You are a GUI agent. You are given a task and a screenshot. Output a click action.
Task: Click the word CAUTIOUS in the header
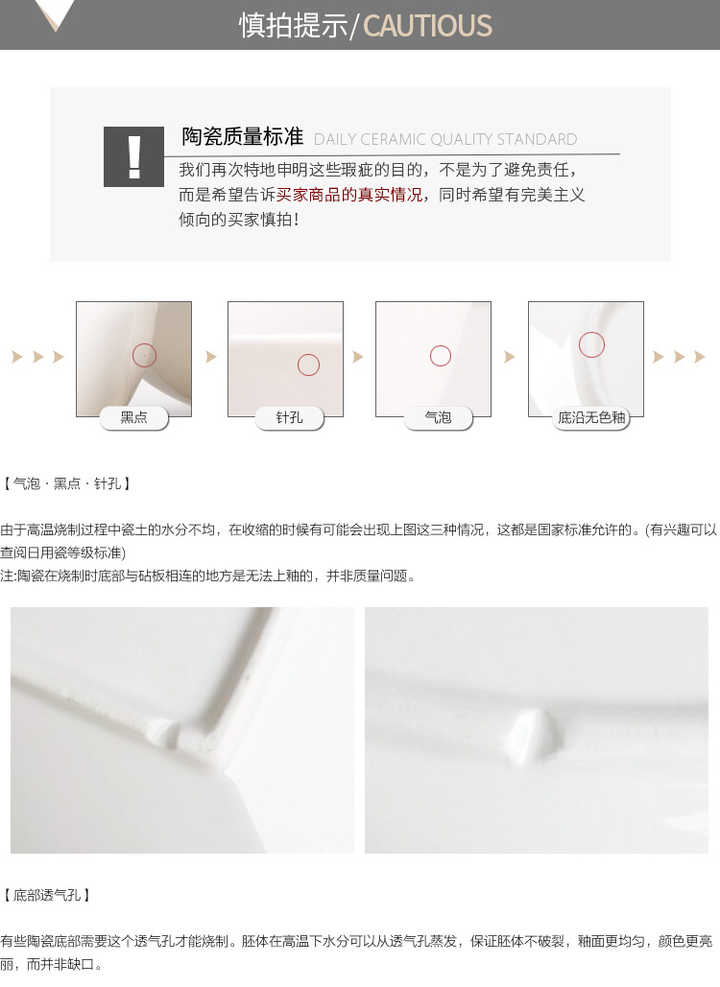point(427,26)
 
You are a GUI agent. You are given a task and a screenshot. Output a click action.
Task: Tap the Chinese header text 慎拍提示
point(293,26)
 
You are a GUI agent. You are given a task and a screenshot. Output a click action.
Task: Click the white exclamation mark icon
point(133,156)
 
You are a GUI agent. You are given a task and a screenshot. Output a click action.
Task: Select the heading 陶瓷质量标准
point(243,136)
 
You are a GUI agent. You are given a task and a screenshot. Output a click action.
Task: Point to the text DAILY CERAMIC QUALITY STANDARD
point(445,139)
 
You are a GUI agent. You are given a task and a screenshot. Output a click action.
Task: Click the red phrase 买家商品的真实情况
point(349,195)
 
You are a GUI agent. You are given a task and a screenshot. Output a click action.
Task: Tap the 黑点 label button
point(134,418)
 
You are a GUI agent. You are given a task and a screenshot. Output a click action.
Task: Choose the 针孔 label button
point(289,418)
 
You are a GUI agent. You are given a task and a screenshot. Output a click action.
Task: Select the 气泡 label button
point(438,418)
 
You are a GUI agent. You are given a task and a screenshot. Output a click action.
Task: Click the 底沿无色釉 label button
point(590,418)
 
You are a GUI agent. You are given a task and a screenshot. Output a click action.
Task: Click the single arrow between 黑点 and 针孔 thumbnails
point(211,357)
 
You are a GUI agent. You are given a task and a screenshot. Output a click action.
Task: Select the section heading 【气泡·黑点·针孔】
point(66,483)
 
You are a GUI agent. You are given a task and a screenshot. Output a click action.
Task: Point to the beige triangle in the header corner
point(55,12)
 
